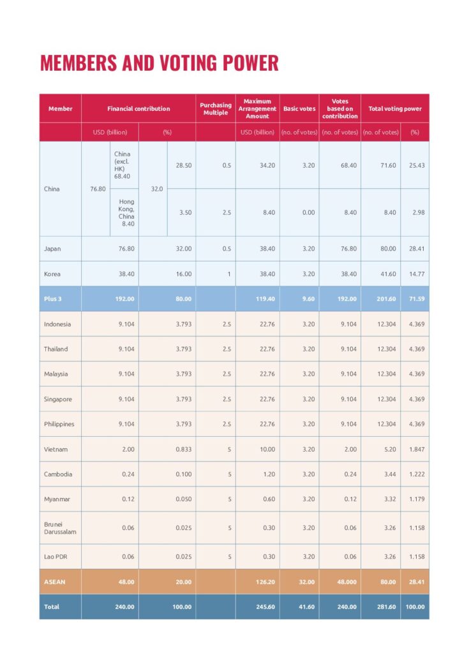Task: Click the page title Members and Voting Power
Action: coord(159,63)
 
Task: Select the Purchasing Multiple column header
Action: coord(216,109)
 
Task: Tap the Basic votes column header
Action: coord(299,109)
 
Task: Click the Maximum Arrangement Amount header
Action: coord(257,109)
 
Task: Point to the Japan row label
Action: coord(52,249)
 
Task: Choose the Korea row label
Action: coord(52,274)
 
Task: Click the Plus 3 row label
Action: coord(53,298)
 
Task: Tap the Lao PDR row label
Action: coord(56,557)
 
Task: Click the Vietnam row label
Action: coord(56,450)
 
